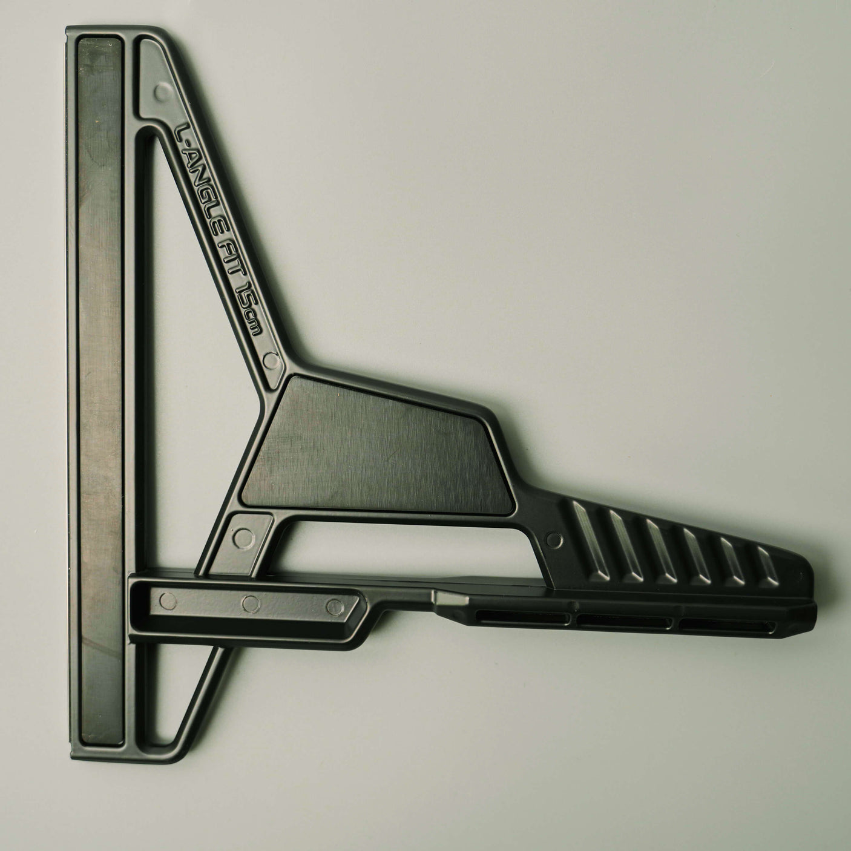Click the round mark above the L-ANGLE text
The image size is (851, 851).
point(163,92)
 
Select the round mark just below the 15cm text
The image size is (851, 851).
point(271,361)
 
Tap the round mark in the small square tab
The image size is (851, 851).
point(243,538)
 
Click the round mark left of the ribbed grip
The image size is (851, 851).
point(554,539)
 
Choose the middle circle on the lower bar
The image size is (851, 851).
point(251,604)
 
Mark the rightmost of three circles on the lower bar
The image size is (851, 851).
point(335,607)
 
